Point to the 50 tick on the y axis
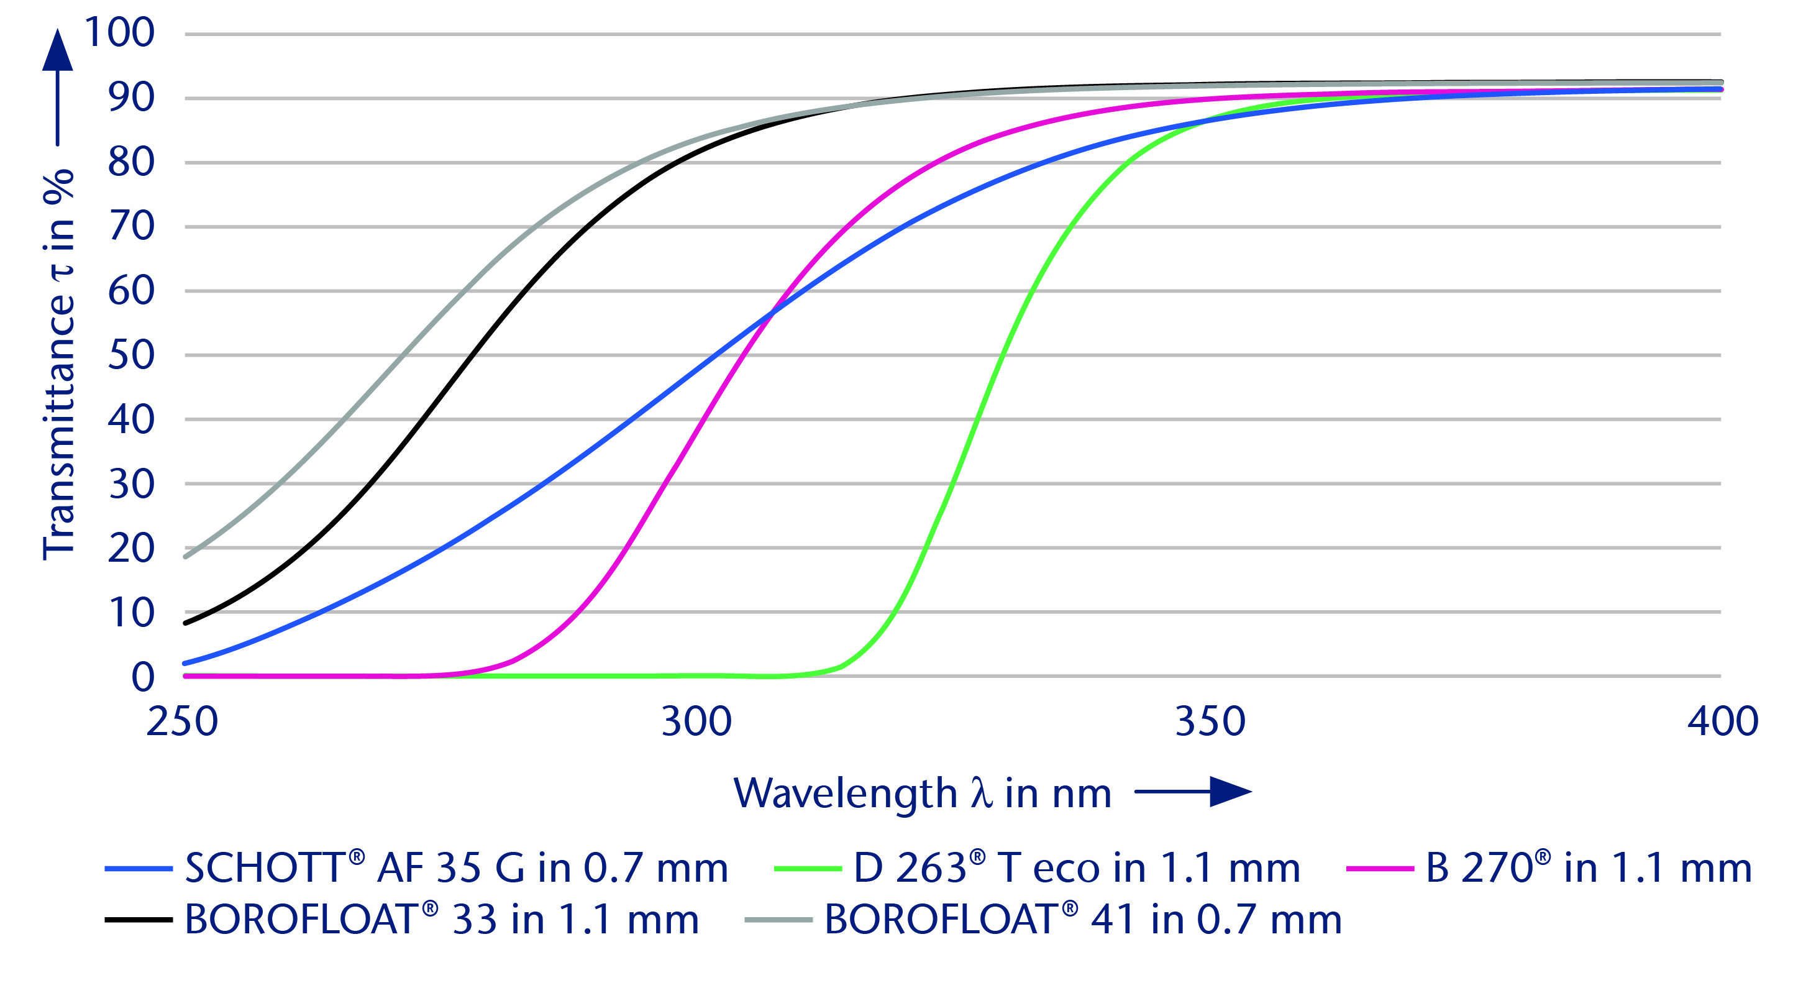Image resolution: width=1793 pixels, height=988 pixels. click(131, 355)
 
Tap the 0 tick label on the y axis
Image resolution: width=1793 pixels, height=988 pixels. click(143, 677)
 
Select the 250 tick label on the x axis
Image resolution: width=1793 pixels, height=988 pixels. click(183, 721)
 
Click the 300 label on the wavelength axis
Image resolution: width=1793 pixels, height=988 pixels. click(696, 721)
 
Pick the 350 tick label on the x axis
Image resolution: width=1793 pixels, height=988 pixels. click(1210, 721)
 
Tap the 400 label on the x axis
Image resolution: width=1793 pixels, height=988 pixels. click(1723, 721)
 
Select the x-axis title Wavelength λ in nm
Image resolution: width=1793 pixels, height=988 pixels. click(922, 793)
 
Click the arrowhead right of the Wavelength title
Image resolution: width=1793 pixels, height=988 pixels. click(1231, 792)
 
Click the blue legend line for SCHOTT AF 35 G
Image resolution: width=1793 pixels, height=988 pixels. click(139, 869)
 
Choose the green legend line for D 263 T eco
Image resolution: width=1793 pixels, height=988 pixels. click(808, 869)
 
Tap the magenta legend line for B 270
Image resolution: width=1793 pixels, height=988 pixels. click(1380, 869)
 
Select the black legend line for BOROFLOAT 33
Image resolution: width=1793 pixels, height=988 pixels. click(139, 920)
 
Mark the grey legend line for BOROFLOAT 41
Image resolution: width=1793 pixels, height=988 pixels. click(778, 920)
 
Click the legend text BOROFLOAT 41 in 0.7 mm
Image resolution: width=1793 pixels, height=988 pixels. click(1083, 920)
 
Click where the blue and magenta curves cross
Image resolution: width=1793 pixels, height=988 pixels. click(770, 314)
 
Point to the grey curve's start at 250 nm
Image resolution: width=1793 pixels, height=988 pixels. click(185, 556)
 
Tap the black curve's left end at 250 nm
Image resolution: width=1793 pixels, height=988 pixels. click(185, 623)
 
